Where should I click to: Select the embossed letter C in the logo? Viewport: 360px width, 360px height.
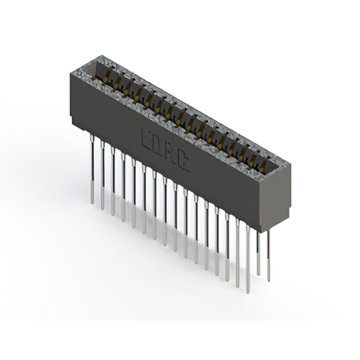click(x=183, y=165)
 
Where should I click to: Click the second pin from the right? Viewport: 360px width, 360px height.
click(x=258, y=253)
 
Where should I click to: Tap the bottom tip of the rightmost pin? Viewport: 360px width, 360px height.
click(x=268, y=279)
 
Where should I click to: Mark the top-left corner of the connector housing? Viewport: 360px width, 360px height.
click(x=70, y=74)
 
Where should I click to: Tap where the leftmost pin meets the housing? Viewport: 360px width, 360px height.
click(x=92, y=137)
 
